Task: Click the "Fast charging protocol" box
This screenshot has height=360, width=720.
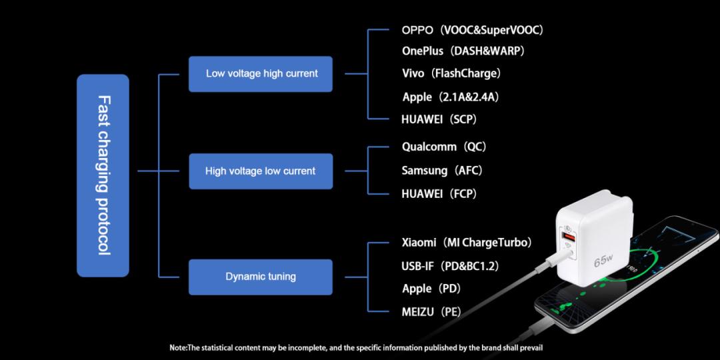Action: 103,175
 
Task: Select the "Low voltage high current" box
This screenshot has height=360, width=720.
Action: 261,74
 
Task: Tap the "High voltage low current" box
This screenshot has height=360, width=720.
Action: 261,171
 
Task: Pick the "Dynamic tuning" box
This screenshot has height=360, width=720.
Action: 261,277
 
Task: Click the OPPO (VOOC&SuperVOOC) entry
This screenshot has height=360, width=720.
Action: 473,30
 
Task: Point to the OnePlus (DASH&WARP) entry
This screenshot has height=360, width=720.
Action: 463,51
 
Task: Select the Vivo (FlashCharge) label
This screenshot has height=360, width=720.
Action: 451,73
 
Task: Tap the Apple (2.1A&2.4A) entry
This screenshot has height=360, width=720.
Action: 451,97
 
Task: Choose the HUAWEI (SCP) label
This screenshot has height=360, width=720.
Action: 439,119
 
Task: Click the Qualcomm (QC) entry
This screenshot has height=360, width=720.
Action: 444,147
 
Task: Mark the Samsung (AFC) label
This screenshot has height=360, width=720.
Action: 442,171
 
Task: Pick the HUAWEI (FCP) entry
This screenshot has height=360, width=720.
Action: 439,194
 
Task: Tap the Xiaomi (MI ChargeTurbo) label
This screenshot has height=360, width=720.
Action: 467,243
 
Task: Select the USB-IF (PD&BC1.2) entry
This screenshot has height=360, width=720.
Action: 451,266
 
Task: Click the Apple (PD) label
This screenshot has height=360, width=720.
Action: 431,289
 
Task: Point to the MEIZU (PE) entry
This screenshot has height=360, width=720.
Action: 431,313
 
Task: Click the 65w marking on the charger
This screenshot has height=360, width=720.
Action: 603,261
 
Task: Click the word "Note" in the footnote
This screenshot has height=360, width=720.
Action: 179,348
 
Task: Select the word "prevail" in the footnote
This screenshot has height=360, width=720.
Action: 535,348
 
